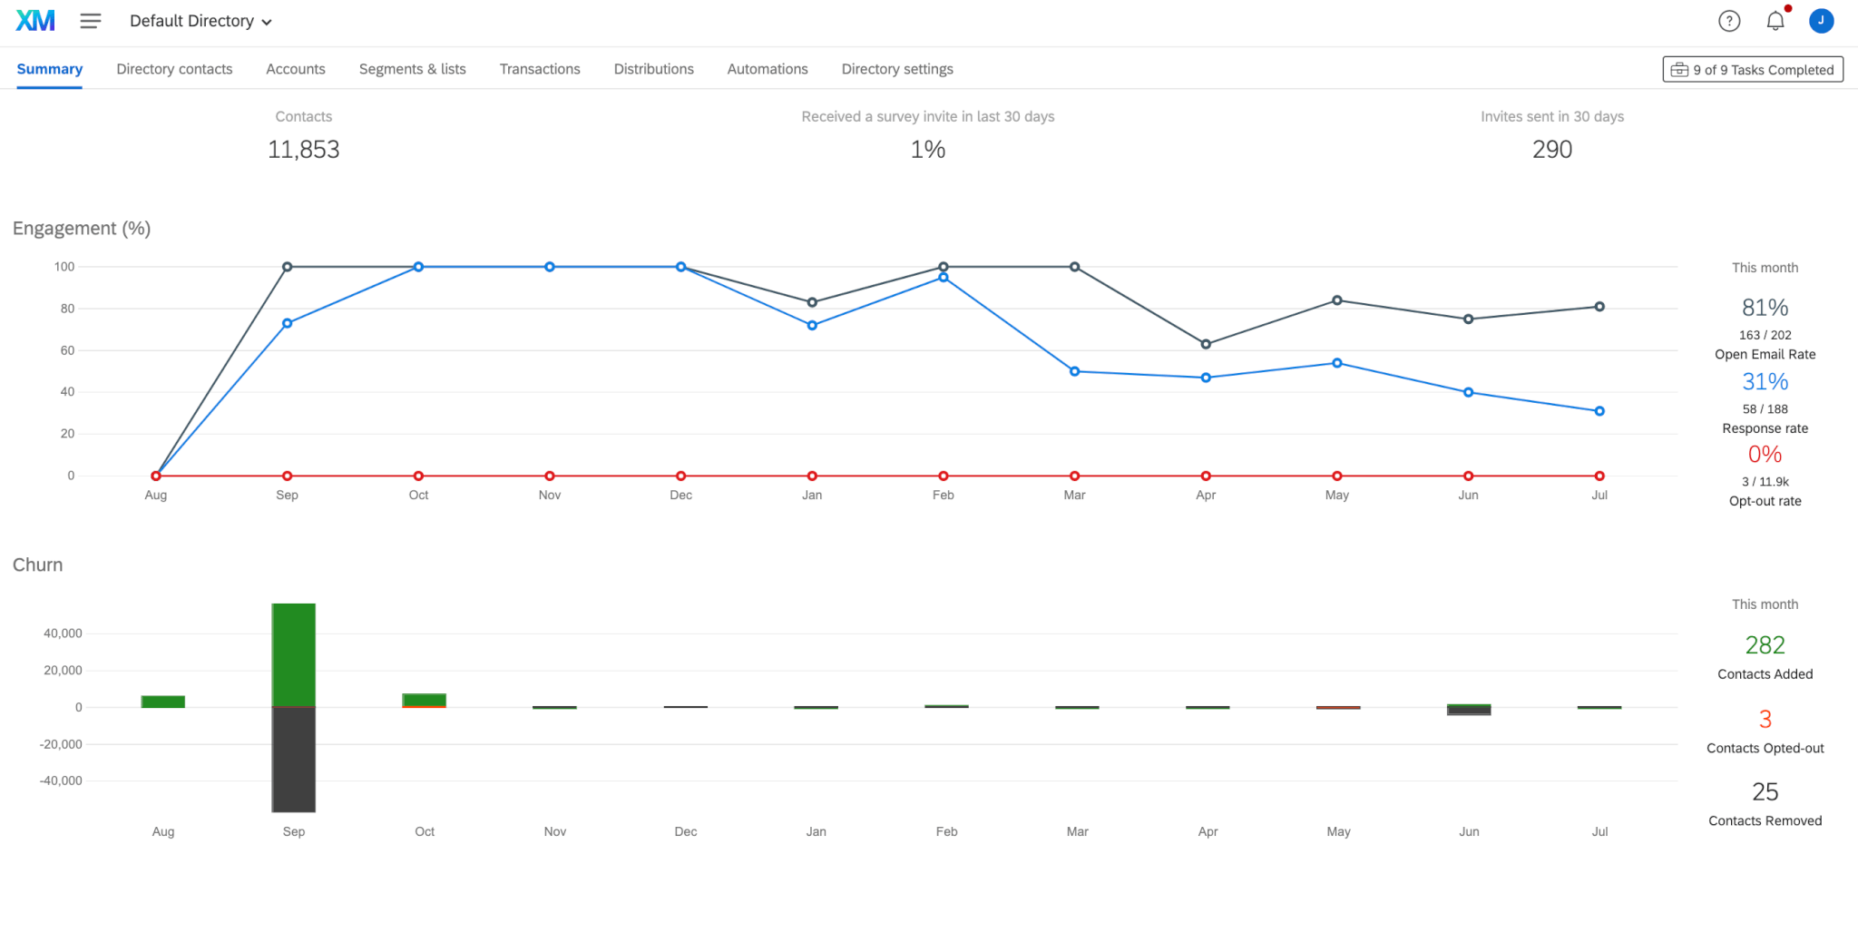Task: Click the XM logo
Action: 35,20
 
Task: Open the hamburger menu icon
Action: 90,21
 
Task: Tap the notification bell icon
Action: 1775,21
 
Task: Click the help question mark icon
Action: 1729,21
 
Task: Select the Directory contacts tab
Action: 174,69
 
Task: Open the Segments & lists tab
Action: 412,69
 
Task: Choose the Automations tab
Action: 767,69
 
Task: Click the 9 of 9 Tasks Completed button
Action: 1753,70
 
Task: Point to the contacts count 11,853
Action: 303,150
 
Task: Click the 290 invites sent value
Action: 1551,150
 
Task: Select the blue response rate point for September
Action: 288,323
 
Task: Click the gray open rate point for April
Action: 1206,344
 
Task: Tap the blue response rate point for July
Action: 1599,411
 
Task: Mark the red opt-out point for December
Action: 680,476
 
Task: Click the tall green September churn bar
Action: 294,653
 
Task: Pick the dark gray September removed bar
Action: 294,759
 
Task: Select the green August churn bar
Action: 163,702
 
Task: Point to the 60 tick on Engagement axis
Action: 68,350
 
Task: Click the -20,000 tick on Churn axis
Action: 61,744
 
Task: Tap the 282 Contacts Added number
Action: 1765,645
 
